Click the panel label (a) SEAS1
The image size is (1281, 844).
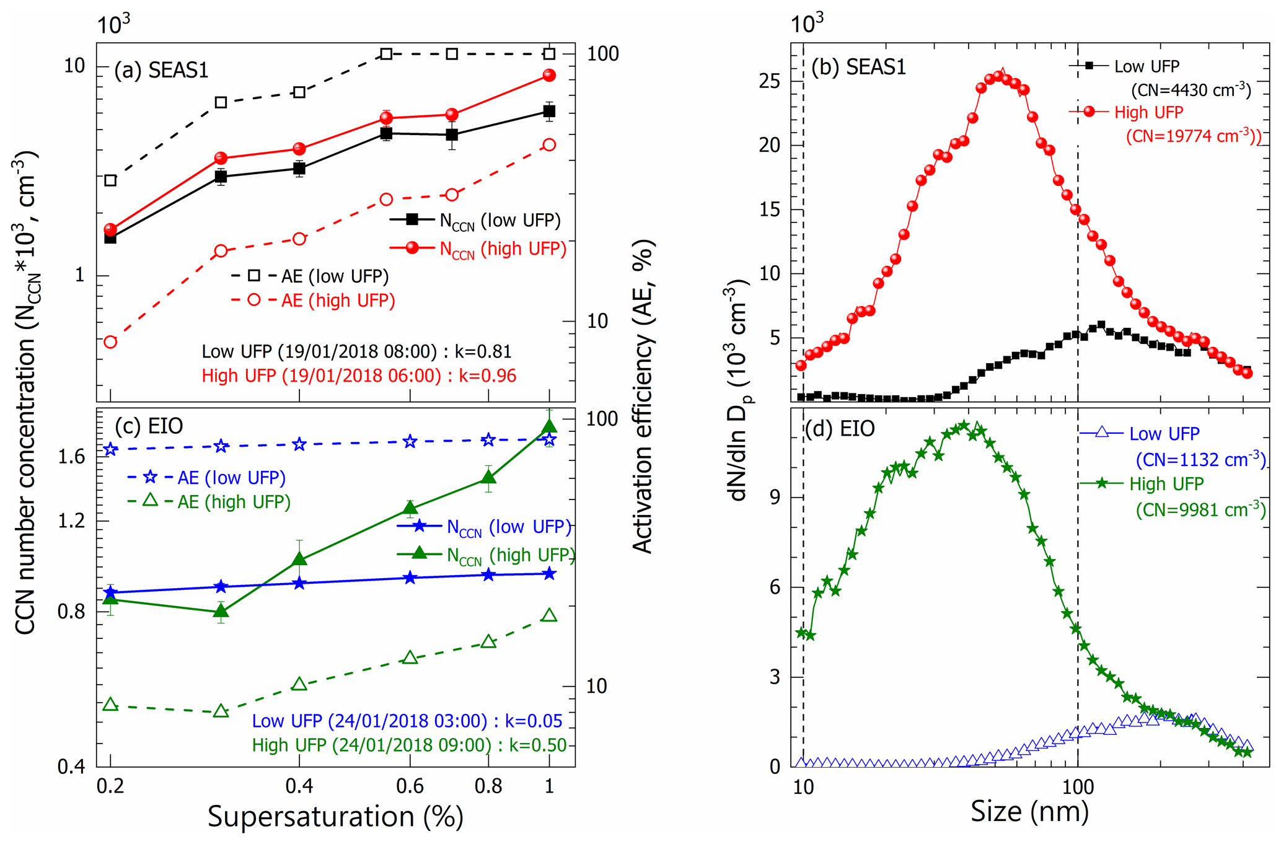[161, 71]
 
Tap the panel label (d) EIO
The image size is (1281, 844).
[839, 429]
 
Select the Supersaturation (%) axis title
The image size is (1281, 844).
[335, 816]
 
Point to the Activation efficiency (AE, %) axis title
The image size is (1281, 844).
[643, 397]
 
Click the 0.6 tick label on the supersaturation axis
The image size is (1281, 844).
[410, 786]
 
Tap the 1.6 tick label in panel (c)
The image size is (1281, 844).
[71, 457]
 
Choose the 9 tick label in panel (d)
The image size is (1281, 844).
[775, 498]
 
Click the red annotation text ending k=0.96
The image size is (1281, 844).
[359, 376]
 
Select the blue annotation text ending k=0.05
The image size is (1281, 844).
[407, 721]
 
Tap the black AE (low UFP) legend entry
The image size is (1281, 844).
[335, 276]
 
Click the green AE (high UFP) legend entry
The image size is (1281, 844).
[234, 502]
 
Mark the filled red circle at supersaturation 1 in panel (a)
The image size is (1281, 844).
[549, 76]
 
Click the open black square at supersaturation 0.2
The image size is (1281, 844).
[110, 180]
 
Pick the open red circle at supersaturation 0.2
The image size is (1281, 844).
[110, 342]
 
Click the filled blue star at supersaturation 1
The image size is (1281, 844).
[549, 574]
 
